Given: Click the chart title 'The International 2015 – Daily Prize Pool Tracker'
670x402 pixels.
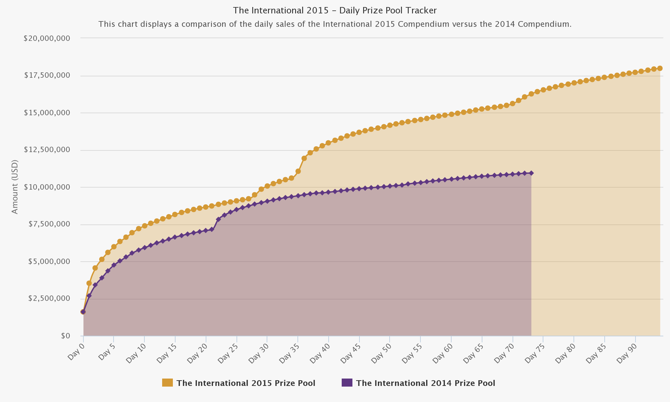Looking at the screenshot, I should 335,11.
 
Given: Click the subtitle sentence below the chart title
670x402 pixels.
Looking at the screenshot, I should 335,24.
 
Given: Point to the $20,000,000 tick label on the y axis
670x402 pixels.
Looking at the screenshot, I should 47,38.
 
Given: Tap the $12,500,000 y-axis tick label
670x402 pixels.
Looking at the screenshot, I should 47,150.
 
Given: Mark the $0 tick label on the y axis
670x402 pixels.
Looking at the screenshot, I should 65,336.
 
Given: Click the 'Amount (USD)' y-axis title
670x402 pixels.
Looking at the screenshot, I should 15,187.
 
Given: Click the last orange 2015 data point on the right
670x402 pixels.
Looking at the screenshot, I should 660,68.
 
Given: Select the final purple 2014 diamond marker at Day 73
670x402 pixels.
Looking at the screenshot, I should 531,173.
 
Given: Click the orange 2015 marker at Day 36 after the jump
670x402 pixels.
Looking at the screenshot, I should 304,158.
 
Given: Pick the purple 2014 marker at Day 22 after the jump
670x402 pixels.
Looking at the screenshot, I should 218,219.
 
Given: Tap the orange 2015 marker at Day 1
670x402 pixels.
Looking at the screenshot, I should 89,283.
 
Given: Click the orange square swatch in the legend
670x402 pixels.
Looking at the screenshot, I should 167,383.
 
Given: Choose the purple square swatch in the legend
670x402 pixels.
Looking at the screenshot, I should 347,383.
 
